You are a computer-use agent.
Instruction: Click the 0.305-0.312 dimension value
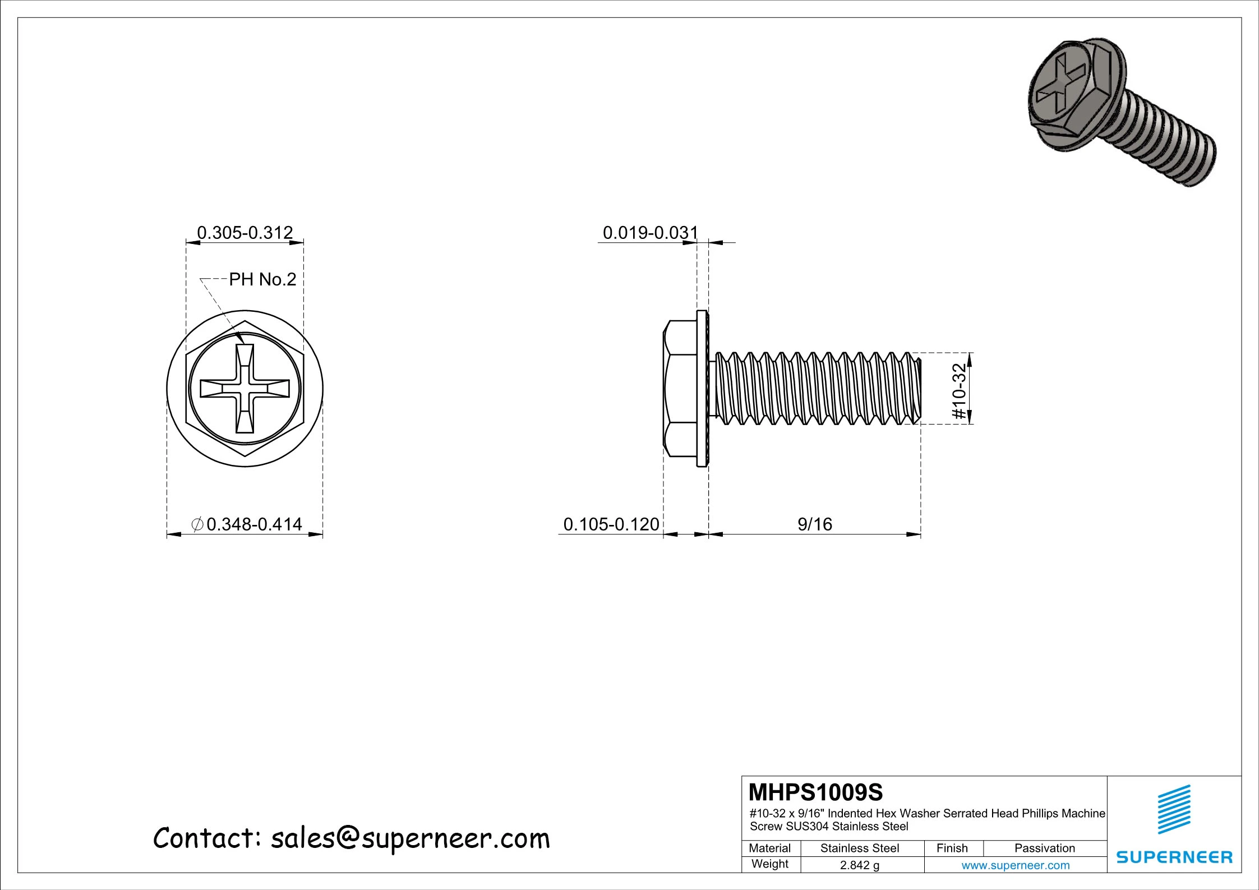[245, 232]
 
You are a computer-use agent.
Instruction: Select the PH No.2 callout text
[262, 279]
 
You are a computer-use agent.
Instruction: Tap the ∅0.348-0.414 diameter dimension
[247, 524]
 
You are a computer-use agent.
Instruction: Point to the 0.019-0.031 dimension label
[650, 232]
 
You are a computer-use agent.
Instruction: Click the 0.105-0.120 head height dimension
[611, 524]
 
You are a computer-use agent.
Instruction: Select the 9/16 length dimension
[814, 524]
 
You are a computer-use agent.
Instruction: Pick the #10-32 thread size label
[960, 391]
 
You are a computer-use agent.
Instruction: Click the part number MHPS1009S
[815, 792]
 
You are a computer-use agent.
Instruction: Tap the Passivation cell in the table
[1044, 848]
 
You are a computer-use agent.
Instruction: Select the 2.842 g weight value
[859, 865]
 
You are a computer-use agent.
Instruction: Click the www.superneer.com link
[1015, 865]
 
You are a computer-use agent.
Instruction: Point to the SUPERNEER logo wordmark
[1174, 857]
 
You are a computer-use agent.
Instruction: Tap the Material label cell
[769, 848]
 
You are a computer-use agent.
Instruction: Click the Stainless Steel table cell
[859, 848]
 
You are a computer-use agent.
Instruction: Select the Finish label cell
[952, 848]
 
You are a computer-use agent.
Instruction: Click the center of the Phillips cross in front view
[245, 388]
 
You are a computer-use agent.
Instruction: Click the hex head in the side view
[680, 388]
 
